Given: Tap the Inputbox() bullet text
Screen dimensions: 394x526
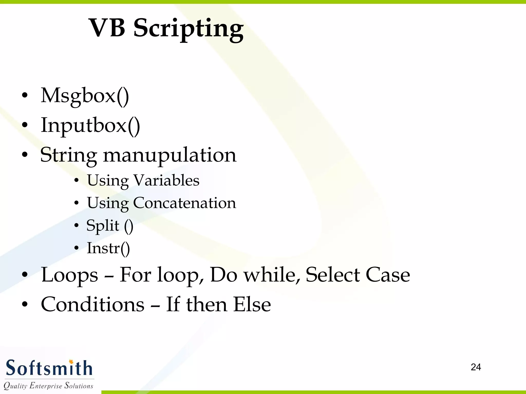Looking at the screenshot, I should (90, 125).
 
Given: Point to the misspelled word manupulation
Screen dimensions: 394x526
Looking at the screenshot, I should (170, 155).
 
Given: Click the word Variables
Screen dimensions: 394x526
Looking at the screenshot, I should (166, 180).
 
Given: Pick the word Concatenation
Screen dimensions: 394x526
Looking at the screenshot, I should (184, 203).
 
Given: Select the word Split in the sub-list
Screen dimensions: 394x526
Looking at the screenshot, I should (103, 226).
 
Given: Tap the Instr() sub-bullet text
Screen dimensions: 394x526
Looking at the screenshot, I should (108, 248).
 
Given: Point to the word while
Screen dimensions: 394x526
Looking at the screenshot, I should (271, 275).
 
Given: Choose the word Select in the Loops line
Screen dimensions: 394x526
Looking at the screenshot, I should (333, 275).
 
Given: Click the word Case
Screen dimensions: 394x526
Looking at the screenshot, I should (388, 275).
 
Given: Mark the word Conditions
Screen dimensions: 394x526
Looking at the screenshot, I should (93, 304).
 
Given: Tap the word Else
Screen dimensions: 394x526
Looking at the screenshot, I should (252, 304).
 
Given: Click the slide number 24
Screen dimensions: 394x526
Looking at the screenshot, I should (476, 367).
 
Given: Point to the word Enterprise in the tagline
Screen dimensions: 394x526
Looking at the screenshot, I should (46, 386).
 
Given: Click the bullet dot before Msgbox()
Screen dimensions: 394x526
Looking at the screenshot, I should (25, 96).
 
